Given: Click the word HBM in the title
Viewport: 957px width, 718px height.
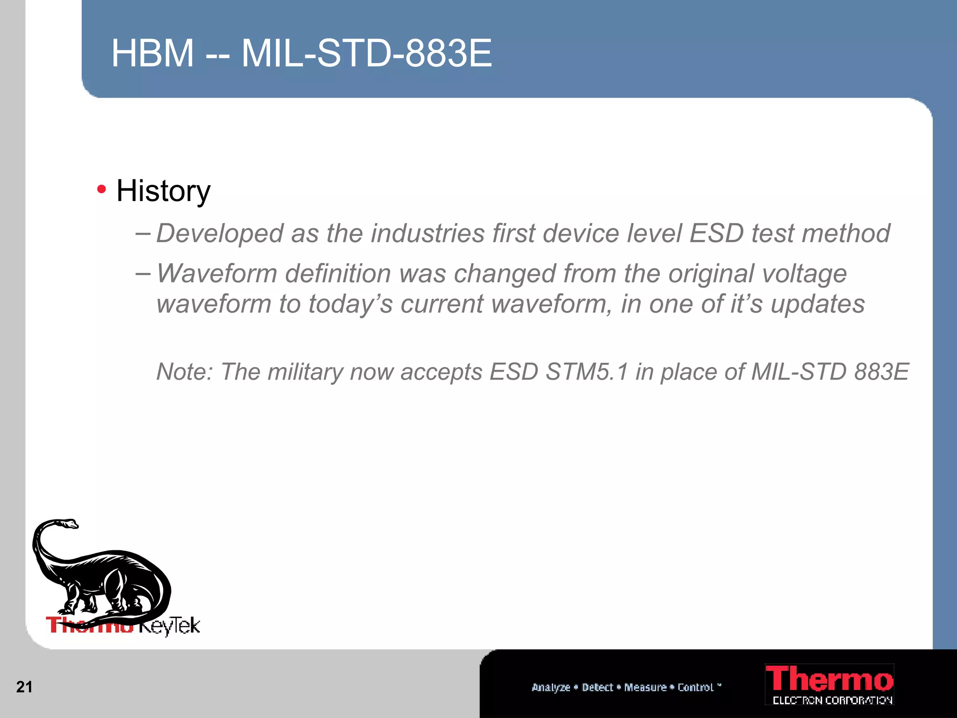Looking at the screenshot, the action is click(x=152, y=53).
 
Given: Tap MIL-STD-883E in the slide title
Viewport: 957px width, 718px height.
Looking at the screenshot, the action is click(x=366, y=53).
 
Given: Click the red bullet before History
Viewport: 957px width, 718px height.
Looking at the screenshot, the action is click(x=101, y=189).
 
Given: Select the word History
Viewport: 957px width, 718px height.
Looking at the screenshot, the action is click(x=163, y=191).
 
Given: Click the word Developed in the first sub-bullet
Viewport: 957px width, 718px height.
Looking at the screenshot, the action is click(x=220, y=233).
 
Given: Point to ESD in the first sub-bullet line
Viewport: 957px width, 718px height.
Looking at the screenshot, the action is click(x=716, y=233).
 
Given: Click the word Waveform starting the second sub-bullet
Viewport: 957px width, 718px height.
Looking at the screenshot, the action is click(x=217, y=273).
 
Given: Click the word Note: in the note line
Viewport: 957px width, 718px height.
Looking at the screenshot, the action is click(x=185, y=372).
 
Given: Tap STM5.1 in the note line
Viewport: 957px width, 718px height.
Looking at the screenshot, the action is click(x=586, y=372).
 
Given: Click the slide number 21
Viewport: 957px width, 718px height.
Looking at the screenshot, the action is click(x=24, y=687).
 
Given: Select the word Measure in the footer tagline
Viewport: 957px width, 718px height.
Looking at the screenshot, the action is click(x=645, y=687).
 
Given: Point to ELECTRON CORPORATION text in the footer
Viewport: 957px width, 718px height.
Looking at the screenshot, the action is click(x=832, y=700).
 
